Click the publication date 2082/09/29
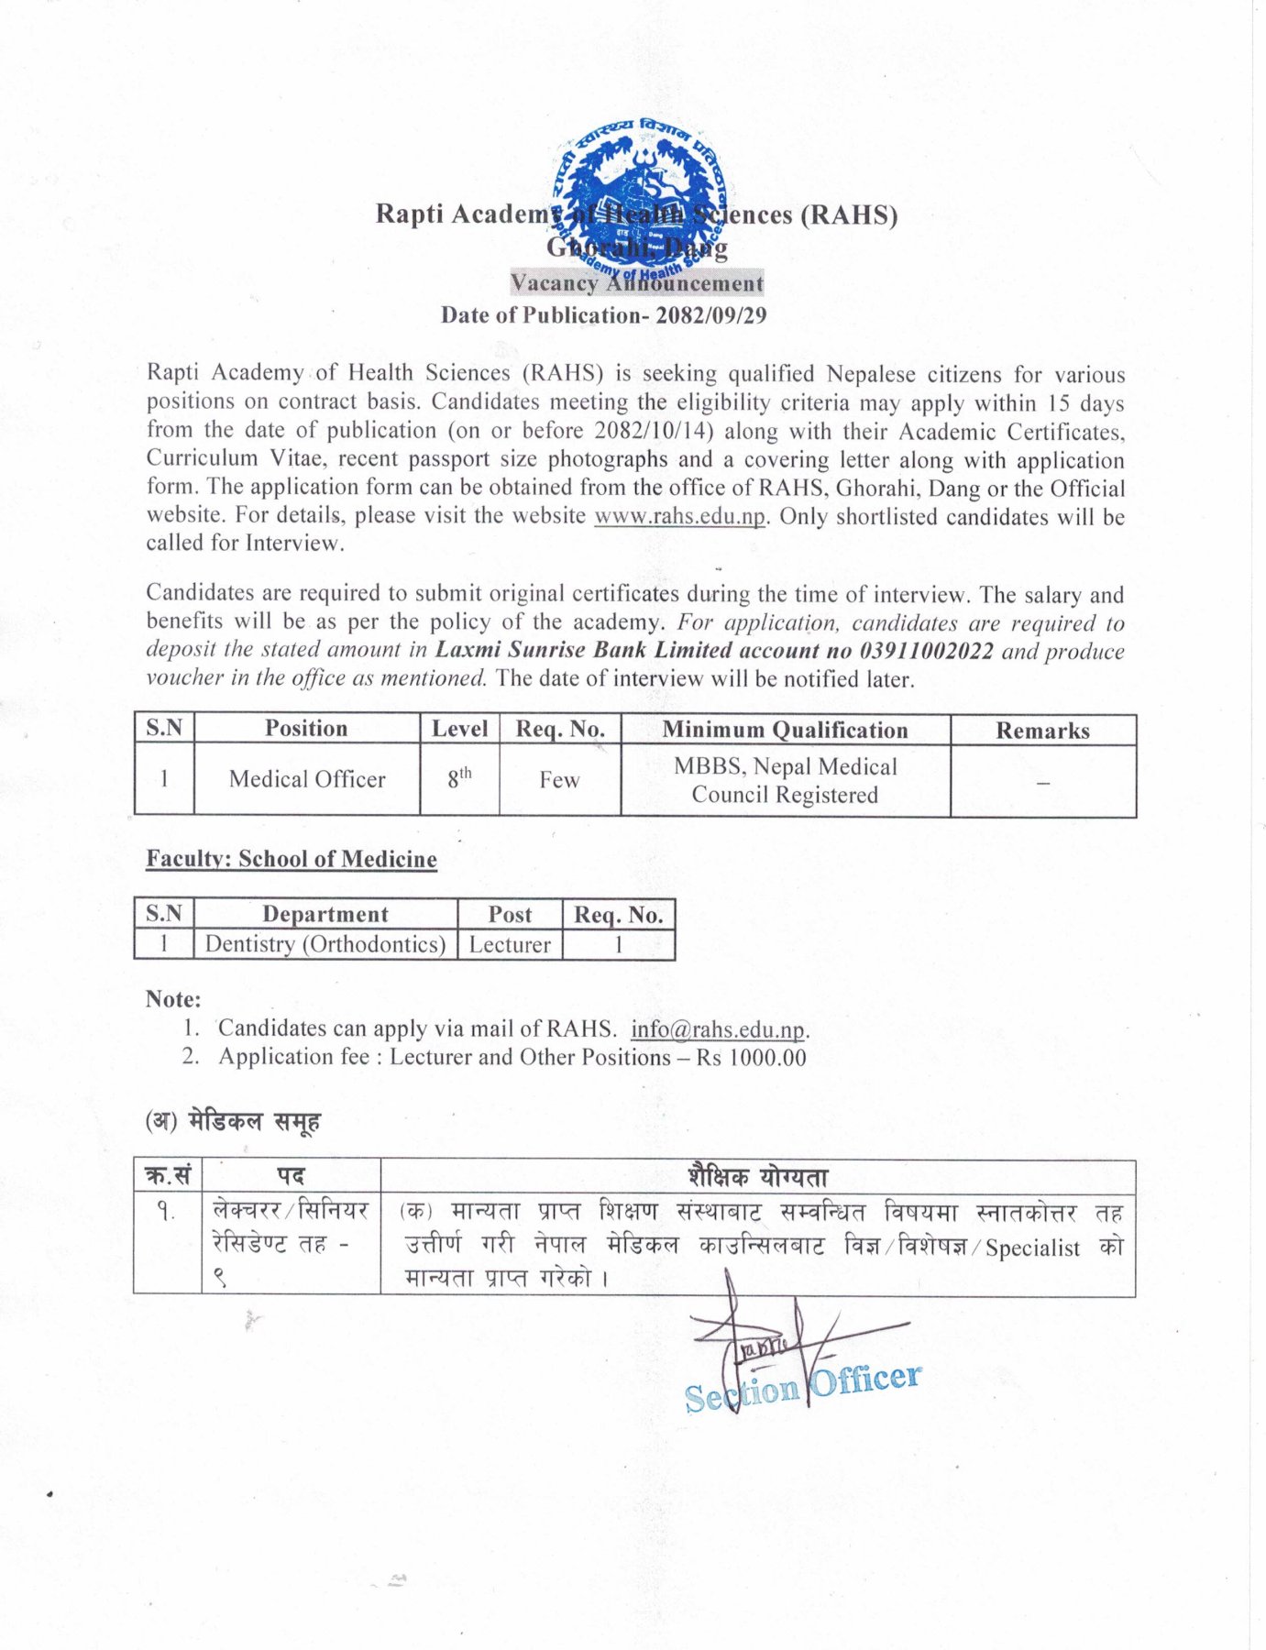click(710, 315)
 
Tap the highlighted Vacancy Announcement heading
click(636, 283)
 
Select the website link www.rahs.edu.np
click(679, 516)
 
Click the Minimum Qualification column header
click(785, 730)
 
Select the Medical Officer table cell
click(307, 779)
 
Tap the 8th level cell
click(459, 778)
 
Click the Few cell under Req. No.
click(559, 780)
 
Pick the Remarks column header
click(1042, 731)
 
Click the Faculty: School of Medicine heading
click(292, 859)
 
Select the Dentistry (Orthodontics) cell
click(325, 944)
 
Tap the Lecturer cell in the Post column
click(510, 944)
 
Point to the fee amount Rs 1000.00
click(751, 1057)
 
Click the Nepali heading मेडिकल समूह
click(254, 1121)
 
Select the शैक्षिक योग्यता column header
click(757, 1176)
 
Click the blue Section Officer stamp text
click(803, 1385)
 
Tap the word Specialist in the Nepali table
click(1032, 1248)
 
